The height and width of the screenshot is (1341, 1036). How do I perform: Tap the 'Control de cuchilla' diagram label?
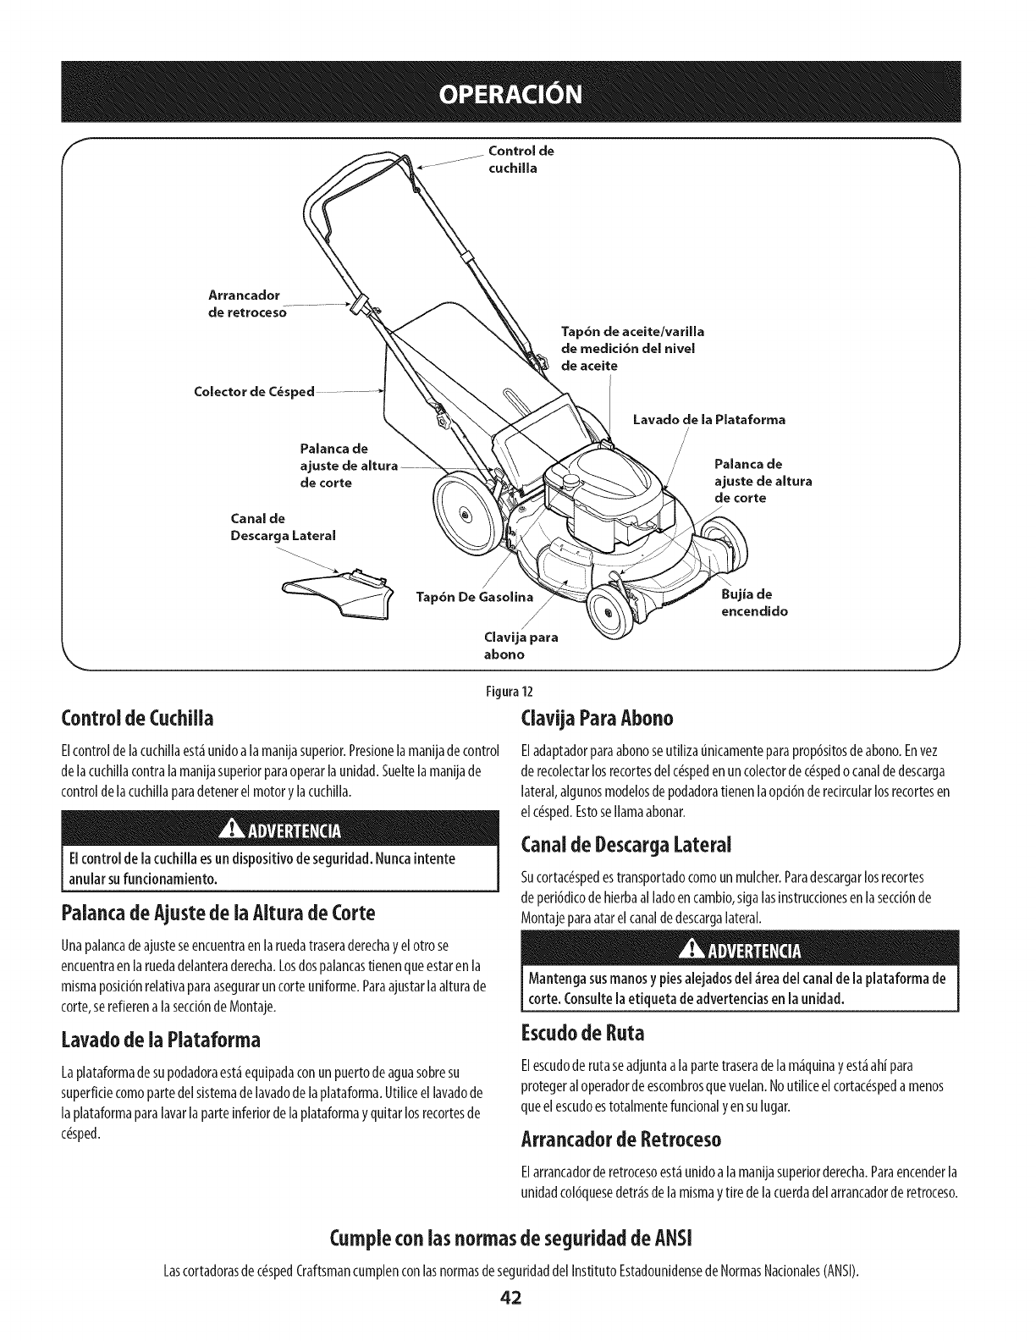click(521, 160)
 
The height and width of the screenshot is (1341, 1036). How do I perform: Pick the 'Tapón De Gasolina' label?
click(475, 597)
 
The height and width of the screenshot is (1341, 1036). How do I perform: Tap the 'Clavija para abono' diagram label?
click(521, 645)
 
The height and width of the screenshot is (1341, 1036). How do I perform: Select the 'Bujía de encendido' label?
click(754, 602)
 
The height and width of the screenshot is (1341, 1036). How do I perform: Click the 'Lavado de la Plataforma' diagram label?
click(709, 419)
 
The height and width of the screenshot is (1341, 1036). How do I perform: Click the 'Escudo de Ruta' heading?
click(583, 1034)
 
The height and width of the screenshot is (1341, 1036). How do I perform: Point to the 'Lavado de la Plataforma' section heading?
click(162, 1039)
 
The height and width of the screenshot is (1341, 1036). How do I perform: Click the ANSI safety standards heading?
click(517, 1244)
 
